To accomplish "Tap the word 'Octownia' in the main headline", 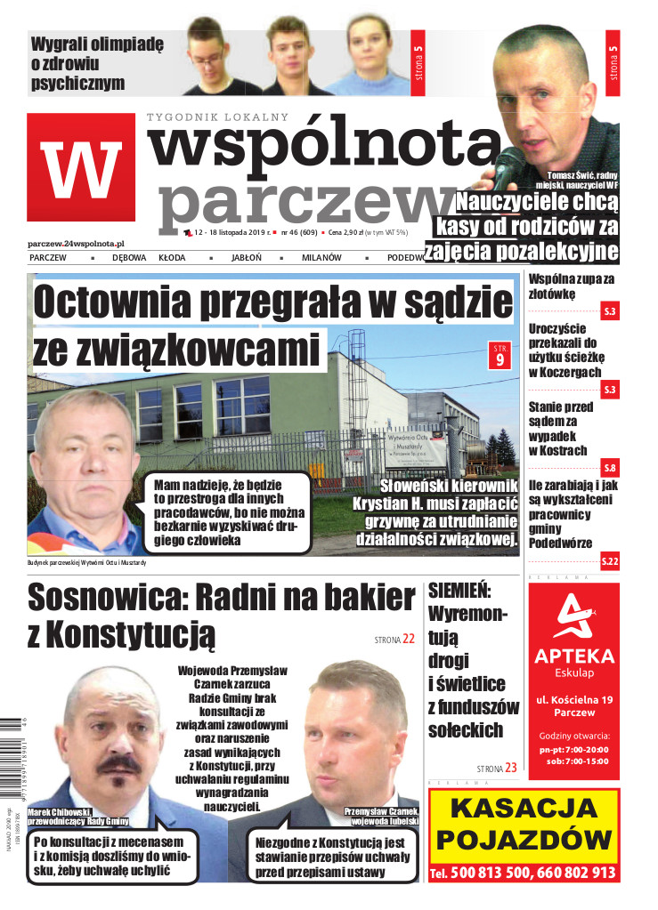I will click(116, 305).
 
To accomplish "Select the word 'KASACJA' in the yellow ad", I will click(524, 809).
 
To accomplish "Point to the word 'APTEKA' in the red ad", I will click(573, 656).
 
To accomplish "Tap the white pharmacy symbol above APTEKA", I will click(573, 617).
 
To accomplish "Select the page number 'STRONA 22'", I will click(394, 639).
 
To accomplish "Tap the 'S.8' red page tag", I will click(609, 468).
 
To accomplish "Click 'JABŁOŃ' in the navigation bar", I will click(246, 258).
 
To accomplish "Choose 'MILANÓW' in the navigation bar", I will click(321, 258).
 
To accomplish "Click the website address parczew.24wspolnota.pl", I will click(76, 243).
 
